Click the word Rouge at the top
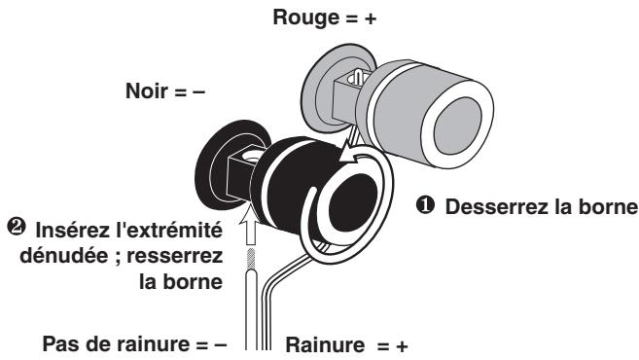305,16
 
